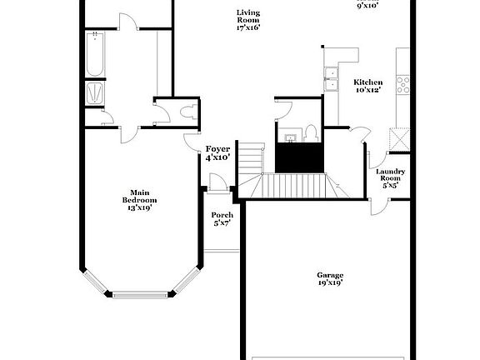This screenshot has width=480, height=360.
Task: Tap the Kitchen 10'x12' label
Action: tap(368, 86)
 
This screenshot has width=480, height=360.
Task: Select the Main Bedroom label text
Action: tap(140, 196)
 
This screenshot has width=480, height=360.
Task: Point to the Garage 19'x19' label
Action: tap(330, 279)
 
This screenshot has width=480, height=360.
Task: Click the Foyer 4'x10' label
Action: tap(217, 153)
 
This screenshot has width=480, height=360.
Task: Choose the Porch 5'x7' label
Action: tap(222, 219)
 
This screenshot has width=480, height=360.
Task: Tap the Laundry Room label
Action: tap(390, 174)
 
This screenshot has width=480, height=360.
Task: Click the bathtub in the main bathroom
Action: tap(95, 54)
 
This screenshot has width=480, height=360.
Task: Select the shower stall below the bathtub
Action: tap(95, 93)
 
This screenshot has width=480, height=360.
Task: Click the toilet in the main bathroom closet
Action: tap(188, 112)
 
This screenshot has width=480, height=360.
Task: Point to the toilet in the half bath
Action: tap(311, 133)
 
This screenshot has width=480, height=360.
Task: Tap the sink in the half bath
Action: tap(290, 138)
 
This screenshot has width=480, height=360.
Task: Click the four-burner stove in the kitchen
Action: tap(402, 85)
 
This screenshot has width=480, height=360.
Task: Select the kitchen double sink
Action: tap(331, 79)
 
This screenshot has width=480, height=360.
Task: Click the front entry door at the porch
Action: tap(218, 183)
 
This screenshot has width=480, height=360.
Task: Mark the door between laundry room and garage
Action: tap(379, 207)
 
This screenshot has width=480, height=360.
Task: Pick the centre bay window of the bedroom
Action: tap(140, 295)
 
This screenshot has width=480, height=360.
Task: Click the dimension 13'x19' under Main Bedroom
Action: tap(140, 207)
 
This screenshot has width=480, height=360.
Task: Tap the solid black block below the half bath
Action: tap(299, 157)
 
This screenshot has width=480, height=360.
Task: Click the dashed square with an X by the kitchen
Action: tap(399, 139)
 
